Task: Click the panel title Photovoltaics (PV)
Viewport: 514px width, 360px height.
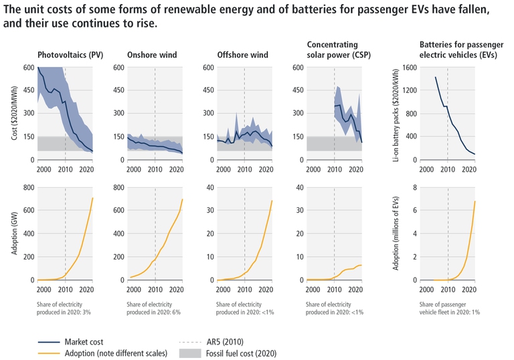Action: pos(68,54)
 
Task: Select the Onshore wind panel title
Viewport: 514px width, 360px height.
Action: pos(152,54)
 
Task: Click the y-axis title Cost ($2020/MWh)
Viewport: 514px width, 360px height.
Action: pos(15,113)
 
